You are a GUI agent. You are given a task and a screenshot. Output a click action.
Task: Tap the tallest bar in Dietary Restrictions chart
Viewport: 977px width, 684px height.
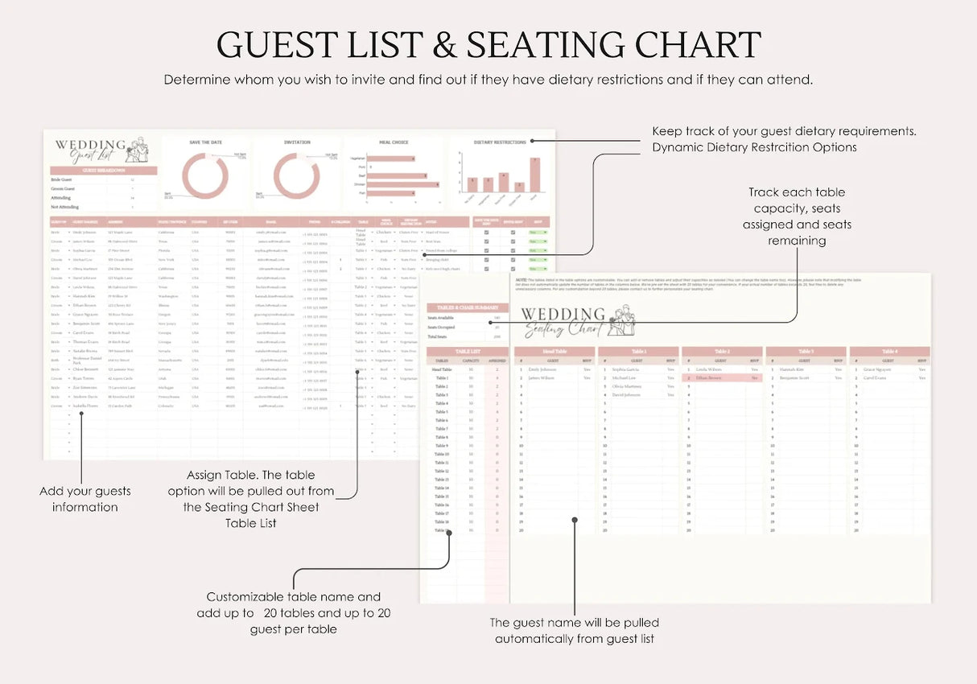coord(534,174)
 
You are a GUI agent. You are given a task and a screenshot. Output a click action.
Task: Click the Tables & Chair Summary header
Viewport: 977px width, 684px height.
coord(467,307)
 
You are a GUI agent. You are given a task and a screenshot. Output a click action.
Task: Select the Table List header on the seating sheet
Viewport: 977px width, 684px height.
coord(467,352)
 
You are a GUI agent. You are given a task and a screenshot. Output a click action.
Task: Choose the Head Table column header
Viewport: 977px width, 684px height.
coord(555,352)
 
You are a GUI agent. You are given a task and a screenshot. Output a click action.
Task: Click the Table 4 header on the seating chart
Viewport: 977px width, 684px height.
coord(889,352)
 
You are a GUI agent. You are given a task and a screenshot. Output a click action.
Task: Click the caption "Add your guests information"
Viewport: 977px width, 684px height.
coord(85,499)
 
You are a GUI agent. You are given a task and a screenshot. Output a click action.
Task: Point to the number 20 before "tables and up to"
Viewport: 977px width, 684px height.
coord(270,613)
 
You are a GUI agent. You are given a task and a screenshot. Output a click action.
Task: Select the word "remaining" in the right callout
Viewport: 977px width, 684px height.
coord(797,241)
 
